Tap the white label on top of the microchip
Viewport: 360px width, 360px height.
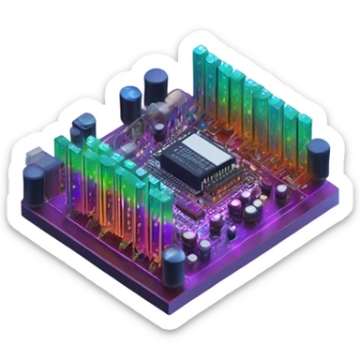pyautogui.click(x=200, y=147)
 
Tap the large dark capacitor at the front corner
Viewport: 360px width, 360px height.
pyautogui.click(x=173, y=264)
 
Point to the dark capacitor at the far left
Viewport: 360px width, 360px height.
pyautogui.click(x=38, y=185)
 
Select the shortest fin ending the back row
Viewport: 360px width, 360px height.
pyautogui.click(x=305, y=141)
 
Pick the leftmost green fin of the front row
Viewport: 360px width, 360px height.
pyautogui.click(x=62, y=164)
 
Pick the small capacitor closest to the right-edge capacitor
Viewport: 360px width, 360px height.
pyautogui.click(x=281, y=192)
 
